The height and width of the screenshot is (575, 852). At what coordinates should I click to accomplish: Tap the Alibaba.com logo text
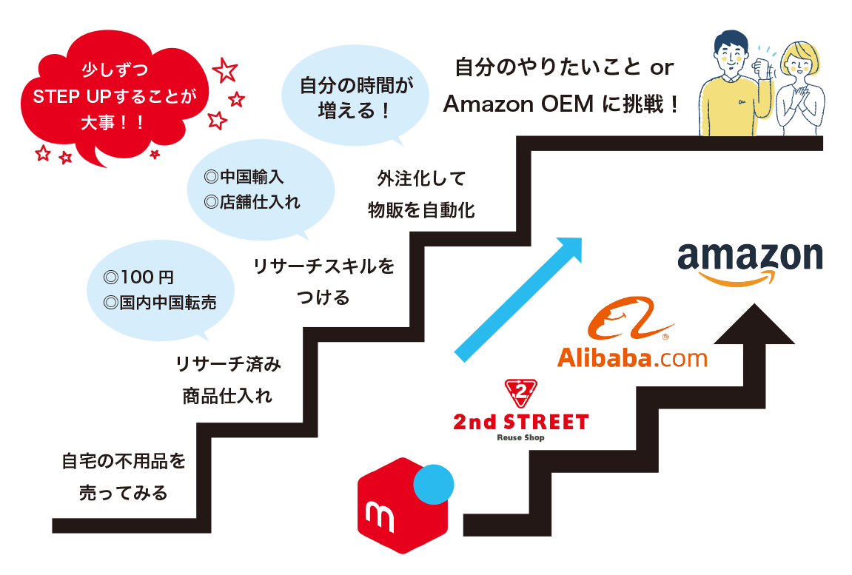(x=631, y=358)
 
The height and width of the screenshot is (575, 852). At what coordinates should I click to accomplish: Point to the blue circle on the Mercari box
(x=433, y=485)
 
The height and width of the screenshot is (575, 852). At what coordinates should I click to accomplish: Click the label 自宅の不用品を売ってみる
(x=123, y=477)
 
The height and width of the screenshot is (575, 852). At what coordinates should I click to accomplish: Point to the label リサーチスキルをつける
(x=323, y=281)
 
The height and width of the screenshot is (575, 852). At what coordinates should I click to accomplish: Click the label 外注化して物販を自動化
(x=421, y=195)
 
